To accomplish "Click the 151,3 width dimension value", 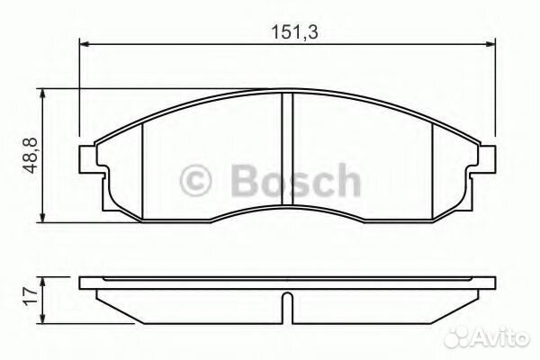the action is click(294, 32).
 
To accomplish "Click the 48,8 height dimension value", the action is click(31, 156).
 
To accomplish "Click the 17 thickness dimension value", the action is click(31, 296).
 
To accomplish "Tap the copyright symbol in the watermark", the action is click(195, 181).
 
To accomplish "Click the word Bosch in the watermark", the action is click(296, 180).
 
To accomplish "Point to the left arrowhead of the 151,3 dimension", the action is click(85, 44).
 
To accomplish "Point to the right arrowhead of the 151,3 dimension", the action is click(490, 44).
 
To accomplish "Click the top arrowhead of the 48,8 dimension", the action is click(42, 94).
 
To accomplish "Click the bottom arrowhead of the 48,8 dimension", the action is click(42, 217).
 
